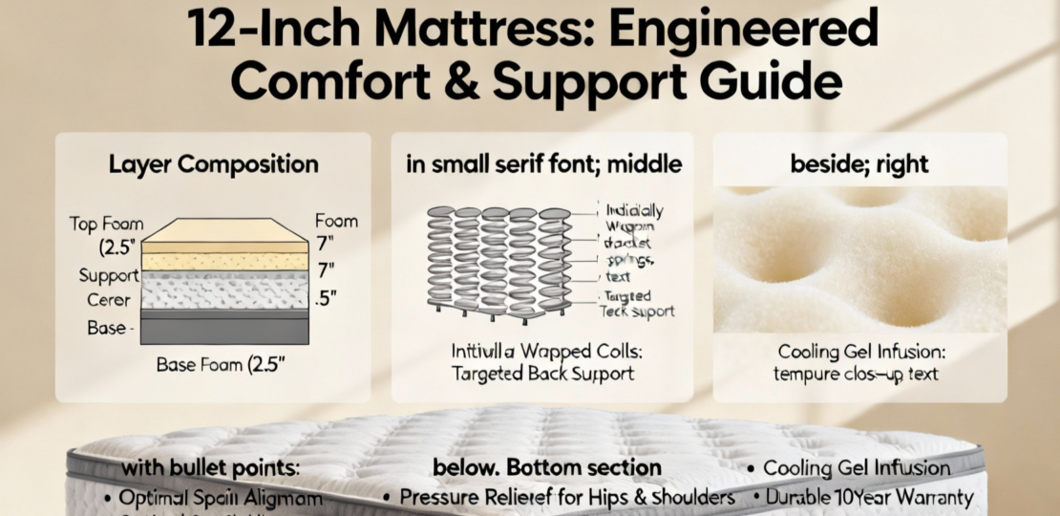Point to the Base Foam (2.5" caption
coord(212,364)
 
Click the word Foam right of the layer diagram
coord(335,222)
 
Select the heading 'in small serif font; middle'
coord(544,164)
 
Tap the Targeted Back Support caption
coord(543,375)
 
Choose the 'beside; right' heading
coord(859,164)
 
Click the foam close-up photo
coord(859,258)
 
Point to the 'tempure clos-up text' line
coord(859,374)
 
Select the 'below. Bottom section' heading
coord(546,468)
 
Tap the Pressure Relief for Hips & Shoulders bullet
coord(564,498)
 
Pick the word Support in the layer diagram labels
coord(109,276)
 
